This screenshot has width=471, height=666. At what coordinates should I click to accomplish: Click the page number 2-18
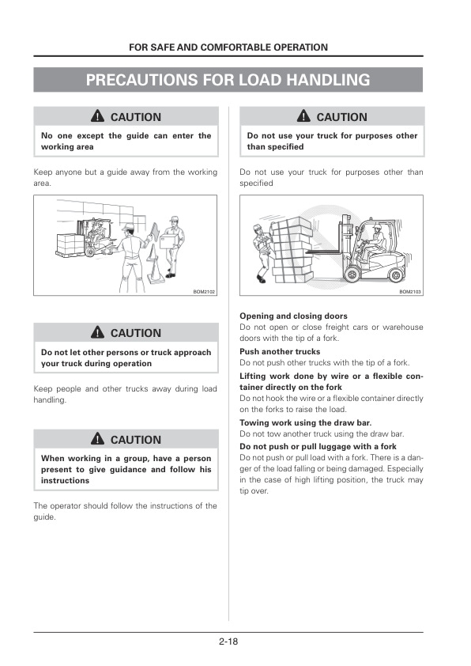[228, 641]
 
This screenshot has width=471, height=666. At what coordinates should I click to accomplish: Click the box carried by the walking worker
[168, 240]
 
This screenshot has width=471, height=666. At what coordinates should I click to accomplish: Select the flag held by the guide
[153, 230]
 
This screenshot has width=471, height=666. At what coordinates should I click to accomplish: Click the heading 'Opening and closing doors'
[282, 316]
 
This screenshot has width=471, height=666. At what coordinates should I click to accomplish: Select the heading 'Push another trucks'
[280, 351]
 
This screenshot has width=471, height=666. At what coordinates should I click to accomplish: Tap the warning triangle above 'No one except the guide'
[96, 117]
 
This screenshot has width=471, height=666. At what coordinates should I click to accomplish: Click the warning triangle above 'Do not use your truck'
[303, 117]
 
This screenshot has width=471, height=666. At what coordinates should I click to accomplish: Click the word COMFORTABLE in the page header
[236, 47]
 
